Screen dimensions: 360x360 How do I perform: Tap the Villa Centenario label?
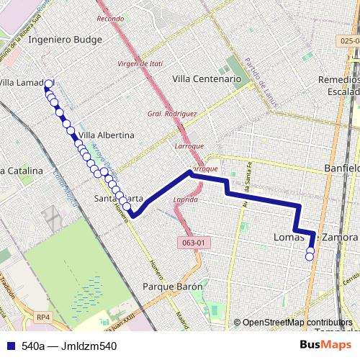(x=206, y=79)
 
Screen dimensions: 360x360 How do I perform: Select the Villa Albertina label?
(x=106, y=135)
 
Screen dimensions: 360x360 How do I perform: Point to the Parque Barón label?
(x=173, y=286)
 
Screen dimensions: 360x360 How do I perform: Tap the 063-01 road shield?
(x=194, y=243)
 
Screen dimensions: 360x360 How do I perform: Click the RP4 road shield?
(x=45, y=315)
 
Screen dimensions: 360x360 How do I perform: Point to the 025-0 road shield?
(x=349, y=41)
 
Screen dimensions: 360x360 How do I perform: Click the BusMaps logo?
(x=325, y=346)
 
